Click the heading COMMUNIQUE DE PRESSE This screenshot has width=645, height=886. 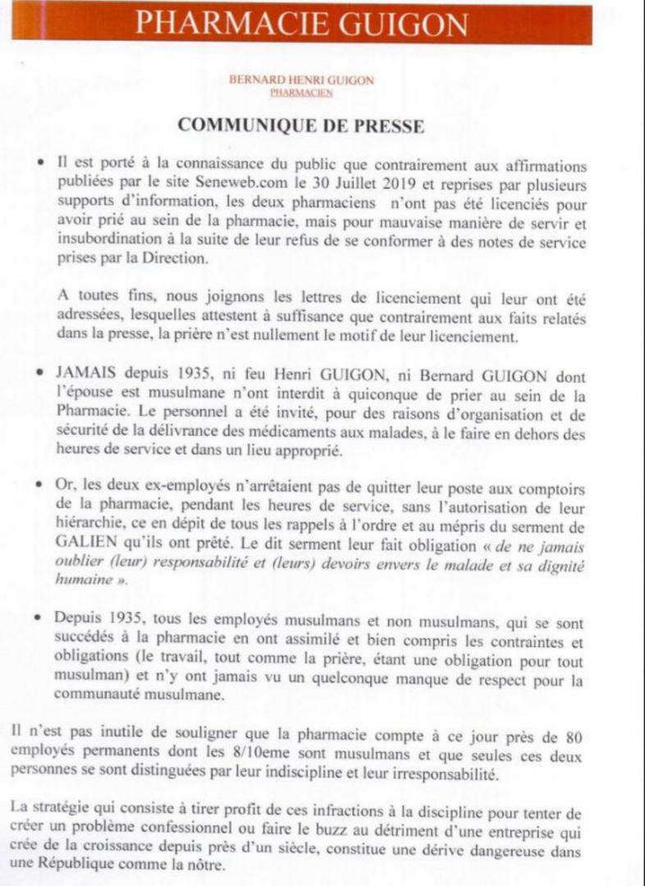[301, 126]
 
